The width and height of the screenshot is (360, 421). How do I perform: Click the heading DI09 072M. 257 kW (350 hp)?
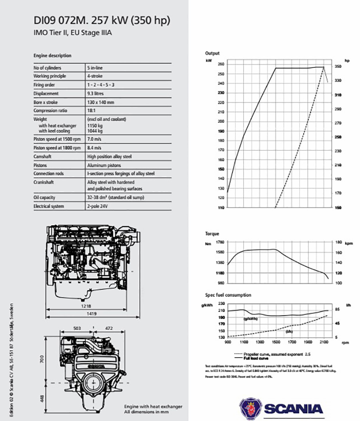point(101,20)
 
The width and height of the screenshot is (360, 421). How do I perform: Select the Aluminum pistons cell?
point(104,165)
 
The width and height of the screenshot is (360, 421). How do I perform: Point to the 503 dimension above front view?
point(77,329)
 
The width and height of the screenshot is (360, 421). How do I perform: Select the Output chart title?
point(212,53)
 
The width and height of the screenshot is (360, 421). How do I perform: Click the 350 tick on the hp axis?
point(338,66)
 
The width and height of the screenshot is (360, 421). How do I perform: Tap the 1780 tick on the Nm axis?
point(219,242)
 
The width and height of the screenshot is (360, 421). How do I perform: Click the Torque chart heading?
point(212,234)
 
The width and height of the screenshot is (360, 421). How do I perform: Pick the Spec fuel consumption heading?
point(228,295)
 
